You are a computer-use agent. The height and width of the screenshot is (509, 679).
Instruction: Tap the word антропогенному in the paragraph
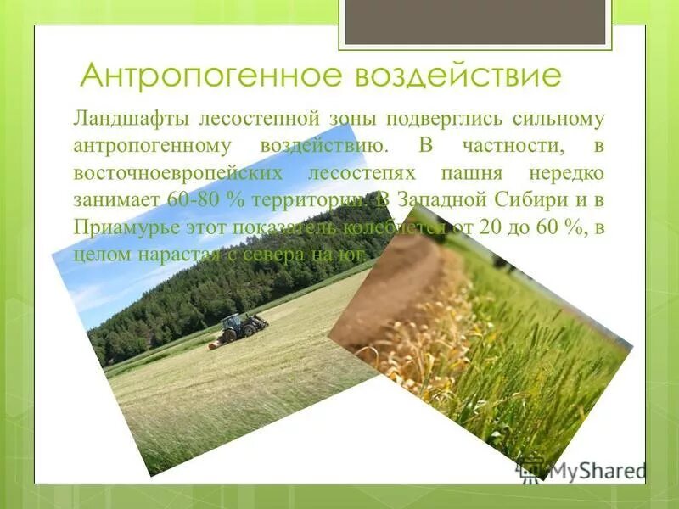tap(153, 145)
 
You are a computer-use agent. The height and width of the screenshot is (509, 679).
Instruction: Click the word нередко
tap(566, 173)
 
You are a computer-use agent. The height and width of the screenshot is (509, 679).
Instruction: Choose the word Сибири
tap(517, 201)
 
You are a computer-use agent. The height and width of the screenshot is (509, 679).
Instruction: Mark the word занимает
tap(113, 201)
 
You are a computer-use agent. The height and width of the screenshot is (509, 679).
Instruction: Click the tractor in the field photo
tap(241, 326)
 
